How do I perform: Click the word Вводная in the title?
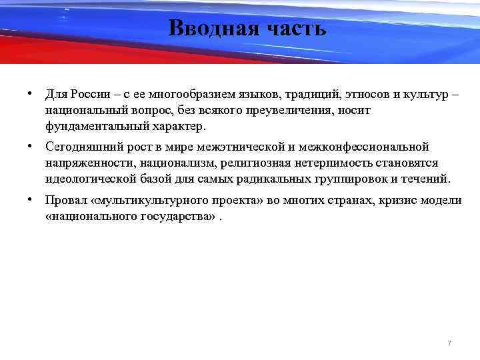point(208,29)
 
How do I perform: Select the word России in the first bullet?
point(91,93)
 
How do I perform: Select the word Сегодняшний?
point(79,147)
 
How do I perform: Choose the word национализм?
point(174,163)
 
